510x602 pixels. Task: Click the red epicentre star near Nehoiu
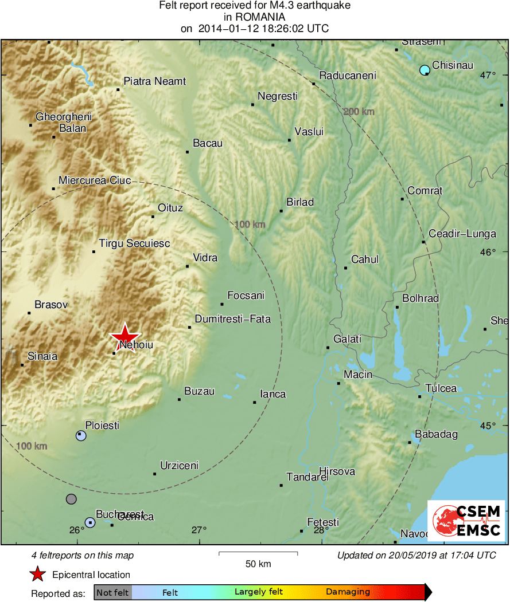tap(124, 337)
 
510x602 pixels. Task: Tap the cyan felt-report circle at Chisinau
tap(425, 70)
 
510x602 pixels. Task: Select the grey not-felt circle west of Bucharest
tap(71, 499)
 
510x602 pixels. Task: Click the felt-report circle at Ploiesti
tap(81, 435)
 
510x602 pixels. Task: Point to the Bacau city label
tap(208, 143)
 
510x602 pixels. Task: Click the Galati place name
tap(348, 339)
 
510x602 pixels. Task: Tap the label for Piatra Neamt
tap(155, 81)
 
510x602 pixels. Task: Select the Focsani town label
tap(246, 296)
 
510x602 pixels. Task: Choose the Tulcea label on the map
tap(441, 388)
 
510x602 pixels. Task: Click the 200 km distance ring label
tap(359, 111)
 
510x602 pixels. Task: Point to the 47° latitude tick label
tap(488, 75)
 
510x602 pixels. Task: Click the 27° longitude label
tap(198, 530)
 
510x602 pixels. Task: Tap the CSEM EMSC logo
tap(465, 521)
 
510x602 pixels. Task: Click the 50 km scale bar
tap(258, 553)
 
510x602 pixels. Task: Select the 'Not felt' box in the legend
tap(112, 592)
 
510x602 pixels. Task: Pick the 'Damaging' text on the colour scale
tap(348, 592)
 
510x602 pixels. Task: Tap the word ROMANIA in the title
tap(255, 17)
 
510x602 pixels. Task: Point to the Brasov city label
tap(51, 305)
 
